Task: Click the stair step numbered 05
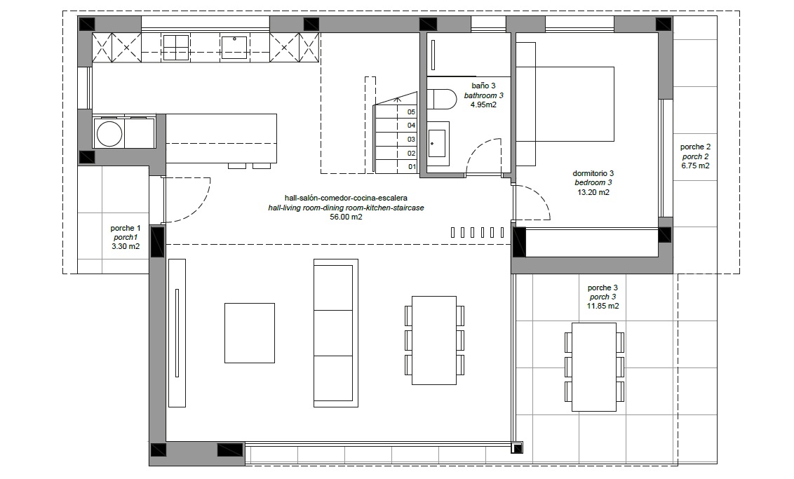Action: [396, 112]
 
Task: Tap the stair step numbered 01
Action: [396, 167]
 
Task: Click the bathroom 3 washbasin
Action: [437, 143]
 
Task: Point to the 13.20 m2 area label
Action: [593, 192]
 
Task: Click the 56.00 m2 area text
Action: [346, 217]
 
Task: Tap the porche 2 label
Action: [695, 147]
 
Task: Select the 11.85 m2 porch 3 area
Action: [603, 306]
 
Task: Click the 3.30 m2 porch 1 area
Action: [126, 247]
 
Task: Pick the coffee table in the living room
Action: [250, 332]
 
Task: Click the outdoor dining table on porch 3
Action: [593, 367]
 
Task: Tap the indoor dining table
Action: [434, 340]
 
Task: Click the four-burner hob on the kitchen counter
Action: [176, 48]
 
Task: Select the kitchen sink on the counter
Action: [234, 47]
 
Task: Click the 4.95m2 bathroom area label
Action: [483, 104]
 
